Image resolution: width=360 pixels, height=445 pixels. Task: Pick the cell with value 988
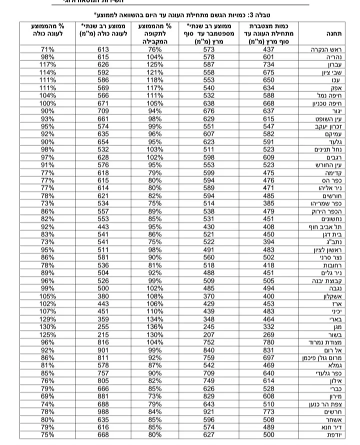[102, 411]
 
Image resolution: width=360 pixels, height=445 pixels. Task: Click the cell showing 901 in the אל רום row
[102, 350]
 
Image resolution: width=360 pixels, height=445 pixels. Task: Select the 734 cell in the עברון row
[269, 64]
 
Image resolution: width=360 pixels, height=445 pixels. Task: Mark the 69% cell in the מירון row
[47, 396]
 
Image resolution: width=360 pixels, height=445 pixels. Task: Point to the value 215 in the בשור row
[102, 334]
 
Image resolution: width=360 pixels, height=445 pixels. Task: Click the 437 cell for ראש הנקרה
[269, 49]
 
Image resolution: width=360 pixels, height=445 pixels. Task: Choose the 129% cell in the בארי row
[47, 319]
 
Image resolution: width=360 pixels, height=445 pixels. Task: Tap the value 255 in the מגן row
[102, 326]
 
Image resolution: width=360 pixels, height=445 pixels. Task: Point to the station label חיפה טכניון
[326, 103]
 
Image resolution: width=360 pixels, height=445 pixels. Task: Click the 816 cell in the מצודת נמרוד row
[102, 342]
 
